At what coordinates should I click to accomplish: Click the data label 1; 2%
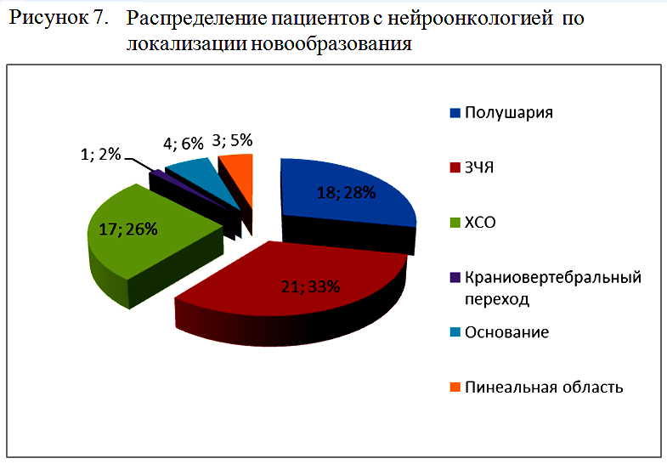(x=100, y=155)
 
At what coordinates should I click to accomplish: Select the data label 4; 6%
(x=182, y=144)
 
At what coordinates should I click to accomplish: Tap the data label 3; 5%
(x=235, y=141)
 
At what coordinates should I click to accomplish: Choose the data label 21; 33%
(x=310, y=286)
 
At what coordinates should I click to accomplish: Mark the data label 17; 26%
(x=129, y=229)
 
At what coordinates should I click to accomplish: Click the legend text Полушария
(x=507, y=113)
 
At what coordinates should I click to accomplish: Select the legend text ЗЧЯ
(x=479, y=168)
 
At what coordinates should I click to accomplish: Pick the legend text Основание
(x=506, y=332)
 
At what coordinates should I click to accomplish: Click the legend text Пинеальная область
(x=544, y=388)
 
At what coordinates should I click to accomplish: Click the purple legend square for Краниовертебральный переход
(x=455, y=278)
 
